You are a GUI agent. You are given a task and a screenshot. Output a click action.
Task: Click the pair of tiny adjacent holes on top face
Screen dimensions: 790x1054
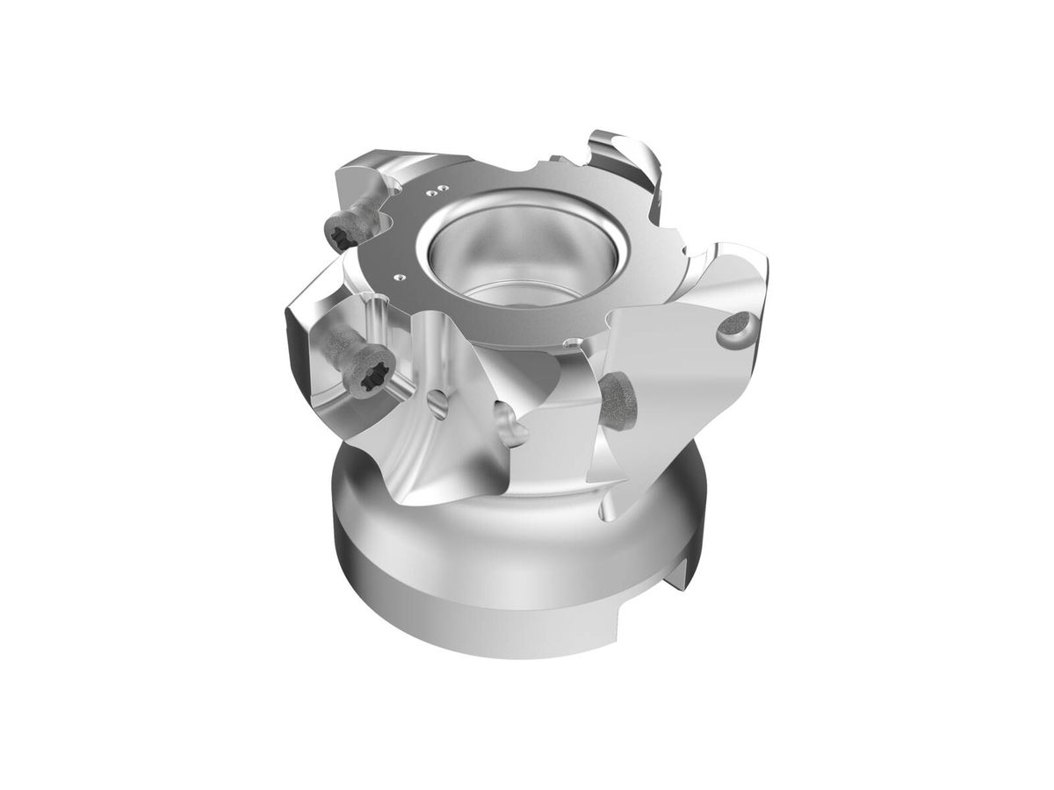(434, 188)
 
